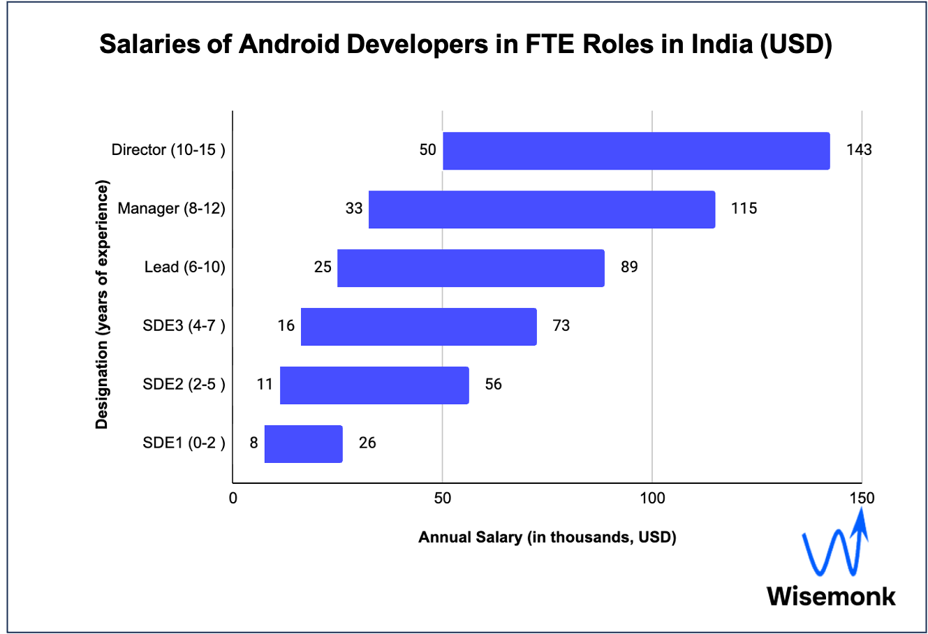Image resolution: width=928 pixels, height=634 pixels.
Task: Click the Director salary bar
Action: tap(636, 151)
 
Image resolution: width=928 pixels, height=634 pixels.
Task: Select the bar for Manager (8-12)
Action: tap(542, 209)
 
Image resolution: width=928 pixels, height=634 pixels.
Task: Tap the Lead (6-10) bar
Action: tap(471, 268)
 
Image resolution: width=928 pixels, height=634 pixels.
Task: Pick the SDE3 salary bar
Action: tap(418, 327)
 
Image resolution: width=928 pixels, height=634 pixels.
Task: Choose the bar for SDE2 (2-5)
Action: tap(374, 385)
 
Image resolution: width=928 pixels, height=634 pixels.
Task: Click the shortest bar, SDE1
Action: tap(303, 444)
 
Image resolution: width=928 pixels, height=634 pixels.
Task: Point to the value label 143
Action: tap(859, 150)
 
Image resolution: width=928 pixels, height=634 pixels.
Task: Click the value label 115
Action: tap(744, 209)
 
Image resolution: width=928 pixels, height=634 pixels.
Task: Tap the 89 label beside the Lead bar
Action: tap(629, 267)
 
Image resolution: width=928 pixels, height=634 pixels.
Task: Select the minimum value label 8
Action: tap(253, 443)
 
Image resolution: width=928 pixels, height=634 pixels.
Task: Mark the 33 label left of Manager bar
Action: tap(354, 209)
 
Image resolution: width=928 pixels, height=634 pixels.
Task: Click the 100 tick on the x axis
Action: tap(652, 498)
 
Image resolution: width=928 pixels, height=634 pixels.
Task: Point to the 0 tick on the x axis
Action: tap(233, 498)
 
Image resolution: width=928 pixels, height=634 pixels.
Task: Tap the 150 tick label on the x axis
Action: tap(862, 498)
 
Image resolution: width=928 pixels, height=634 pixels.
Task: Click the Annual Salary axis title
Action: tap(547, 538)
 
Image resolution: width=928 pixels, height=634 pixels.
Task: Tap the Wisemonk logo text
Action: tap(831, 596)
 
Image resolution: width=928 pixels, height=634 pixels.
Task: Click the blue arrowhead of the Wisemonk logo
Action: tap(862, 520)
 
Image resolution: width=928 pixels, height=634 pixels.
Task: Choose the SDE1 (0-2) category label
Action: tap(184, 443)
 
